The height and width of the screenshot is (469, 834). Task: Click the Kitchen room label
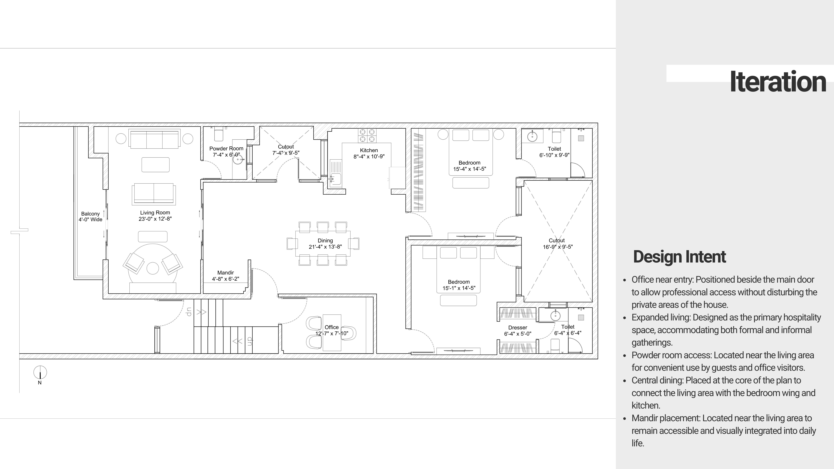[369, 150]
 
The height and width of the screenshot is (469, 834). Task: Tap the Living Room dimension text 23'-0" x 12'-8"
[155, 219]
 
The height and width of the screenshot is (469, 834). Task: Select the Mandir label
[225, 273]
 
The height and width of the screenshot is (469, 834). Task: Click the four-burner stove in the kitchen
[367, 135]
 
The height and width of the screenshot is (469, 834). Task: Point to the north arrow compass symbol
[40, 373]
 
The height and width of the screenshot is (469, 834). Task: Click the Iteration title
[778, 82]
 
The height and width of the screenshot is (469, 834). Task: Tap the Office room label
[332, 327]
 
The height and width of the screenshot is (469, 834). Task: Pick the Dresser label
[517, 328]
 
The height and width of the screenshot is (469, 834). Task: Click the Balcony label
[90, 214]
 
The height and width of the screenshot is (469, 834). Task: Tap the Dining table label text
[325, 241]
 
